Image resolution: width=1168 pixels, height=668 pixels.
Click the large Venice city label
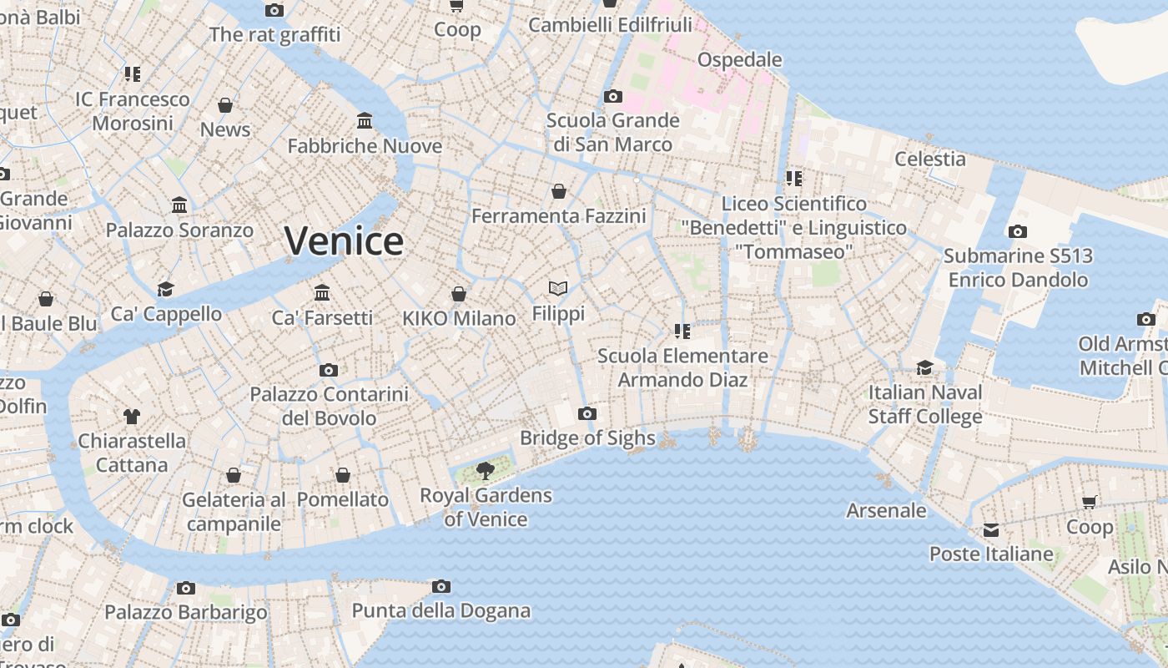point(344,240)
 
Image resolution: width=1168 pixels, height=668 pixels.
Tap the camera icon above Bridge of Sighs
point(587,413)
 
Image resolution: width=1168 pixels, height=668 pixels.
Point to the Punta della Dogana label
point(441,610)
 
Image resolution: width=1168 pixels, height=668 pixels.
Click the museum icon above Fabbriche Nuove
point(365,121)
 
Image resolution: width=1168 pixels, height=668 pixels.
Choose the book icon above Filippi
point(558,289)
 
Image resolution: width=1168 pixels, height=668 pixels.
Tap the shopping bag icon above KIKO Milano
point(458,294)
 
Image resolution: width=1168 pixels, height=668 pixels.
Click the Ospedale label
point(739,59)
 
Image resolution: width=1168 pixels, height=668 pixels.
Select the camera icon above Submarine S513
point(1018,231)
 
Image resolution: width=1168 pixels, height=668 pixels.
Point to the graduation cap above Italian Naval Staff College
point(924,367)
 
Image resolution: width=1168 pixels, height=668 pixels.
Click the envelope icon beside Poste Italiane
point(990,530)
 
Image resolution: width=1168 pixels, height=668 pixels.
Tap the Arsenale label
point(886,509)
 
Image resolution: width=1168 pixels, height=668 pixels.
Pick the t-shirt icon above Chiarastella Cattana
point(131,416)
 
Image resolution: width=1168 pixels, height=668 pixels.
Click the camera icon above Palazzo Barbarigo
point(185,588)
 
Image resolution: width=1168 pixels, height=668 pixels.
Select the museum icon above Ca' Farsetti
point(322,293)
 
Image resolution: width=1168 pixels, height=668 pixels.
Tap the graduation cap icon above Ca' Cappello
point(165,289)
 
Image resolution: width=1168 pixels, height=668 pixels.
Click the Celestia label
point(929,159)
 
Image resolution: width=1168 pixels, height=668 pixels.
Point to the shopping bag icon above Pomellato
point(342,475)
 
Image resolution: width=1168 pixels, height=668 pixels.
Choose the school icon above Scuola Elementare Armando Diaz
point(682,331)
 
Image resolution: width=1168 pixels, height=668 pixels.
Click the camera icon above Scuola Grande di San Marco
point(612,96)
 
